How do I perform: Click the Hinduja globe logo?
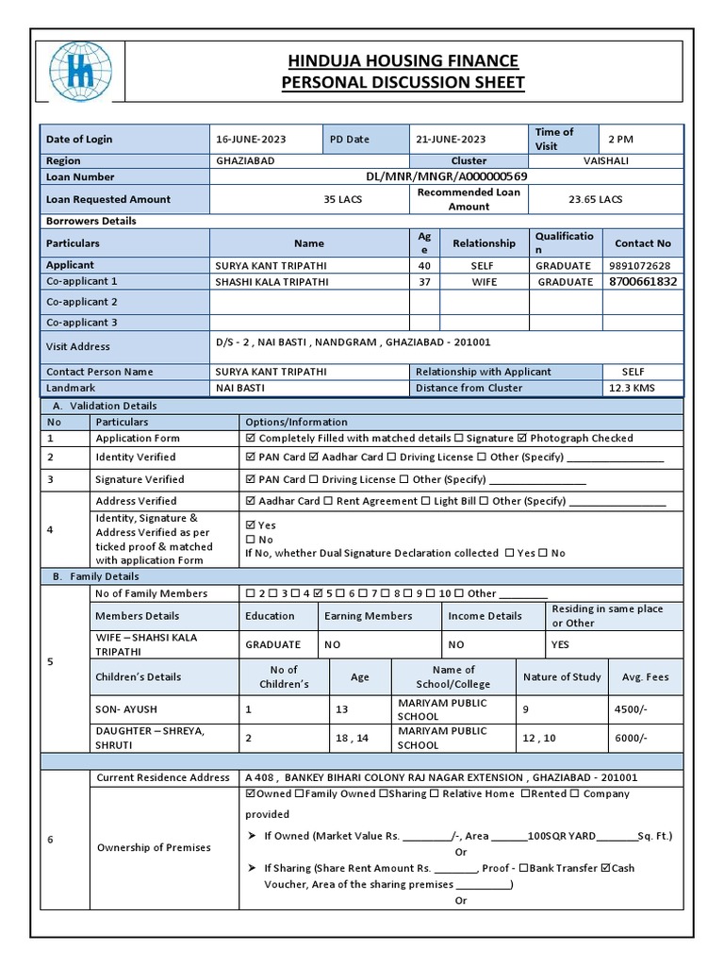pyautogui.click(x=80, y=72)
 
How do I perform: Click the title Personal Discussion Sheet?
pyautogui.click(x=403, y=83)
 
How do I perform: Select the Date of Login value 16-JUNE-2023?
pyautogui.click(x=251, y=139)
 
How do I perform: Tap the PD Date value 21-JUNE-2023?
pyautogui.click(x=451, y=139)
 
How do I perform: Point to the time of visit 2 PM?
pyautogui.click(x=621, y=139)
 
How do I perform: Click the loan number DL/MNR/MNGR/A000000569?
pyautogui.click(x=446, y=176)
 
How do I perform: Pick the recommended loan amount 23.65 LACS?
pyautogui.click(x=595, y=199)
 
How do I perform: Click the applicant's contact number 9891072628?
pyautogui.click(x=640, y=266)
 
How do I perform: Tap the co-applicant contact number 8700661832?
pyautogui.click(x=643, y=281)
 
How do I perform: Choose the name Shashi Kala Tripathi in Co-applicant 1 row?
pyautogui.click(x=271, y=281)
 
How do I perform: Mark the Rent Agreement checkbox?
pyautogui.click(x=329, y=501)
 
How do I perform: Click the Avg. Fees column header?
pyautogui.click(x=645, y=676)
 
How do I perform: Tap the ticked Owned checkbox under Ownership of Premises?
pyautogui.click(x=251, y=794)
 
